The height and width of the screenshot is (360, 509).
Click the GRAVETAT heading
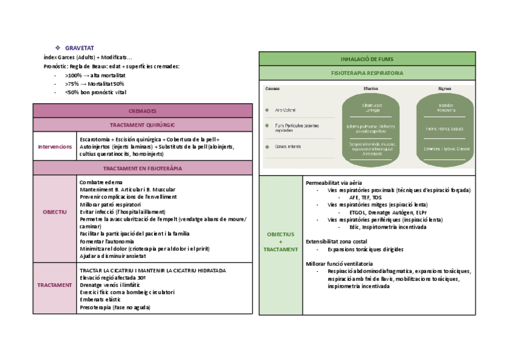coord(79,48)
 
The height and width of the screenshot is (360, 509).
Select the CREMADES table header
coord(142,111)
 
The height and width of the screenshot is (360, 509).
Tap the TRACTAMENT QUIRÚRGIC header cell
coord(142,125)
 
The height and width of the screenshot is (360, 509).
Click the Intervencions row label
coord(55,146)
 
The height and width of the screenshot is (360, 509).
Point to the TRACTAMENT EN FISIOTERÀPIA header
coord(142,169)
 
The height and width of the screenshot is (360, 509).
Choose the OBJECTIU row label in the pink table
coord(55,212)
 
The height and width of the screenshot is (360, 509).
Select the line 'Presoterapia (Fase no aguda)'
coord(115,307)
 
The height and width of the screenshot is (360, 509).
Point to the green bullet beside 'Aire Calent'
coord(267,110)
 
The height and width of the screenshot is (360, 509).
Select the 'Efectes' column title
coord(371,89)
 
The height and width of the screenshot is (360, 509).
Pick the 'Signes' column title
coord(445,89)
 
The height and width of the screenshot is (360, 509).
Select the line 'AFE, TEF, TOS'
coord(364,197)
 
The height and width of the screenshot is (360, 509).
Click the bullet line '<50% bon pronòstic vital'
coord(95,92)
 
